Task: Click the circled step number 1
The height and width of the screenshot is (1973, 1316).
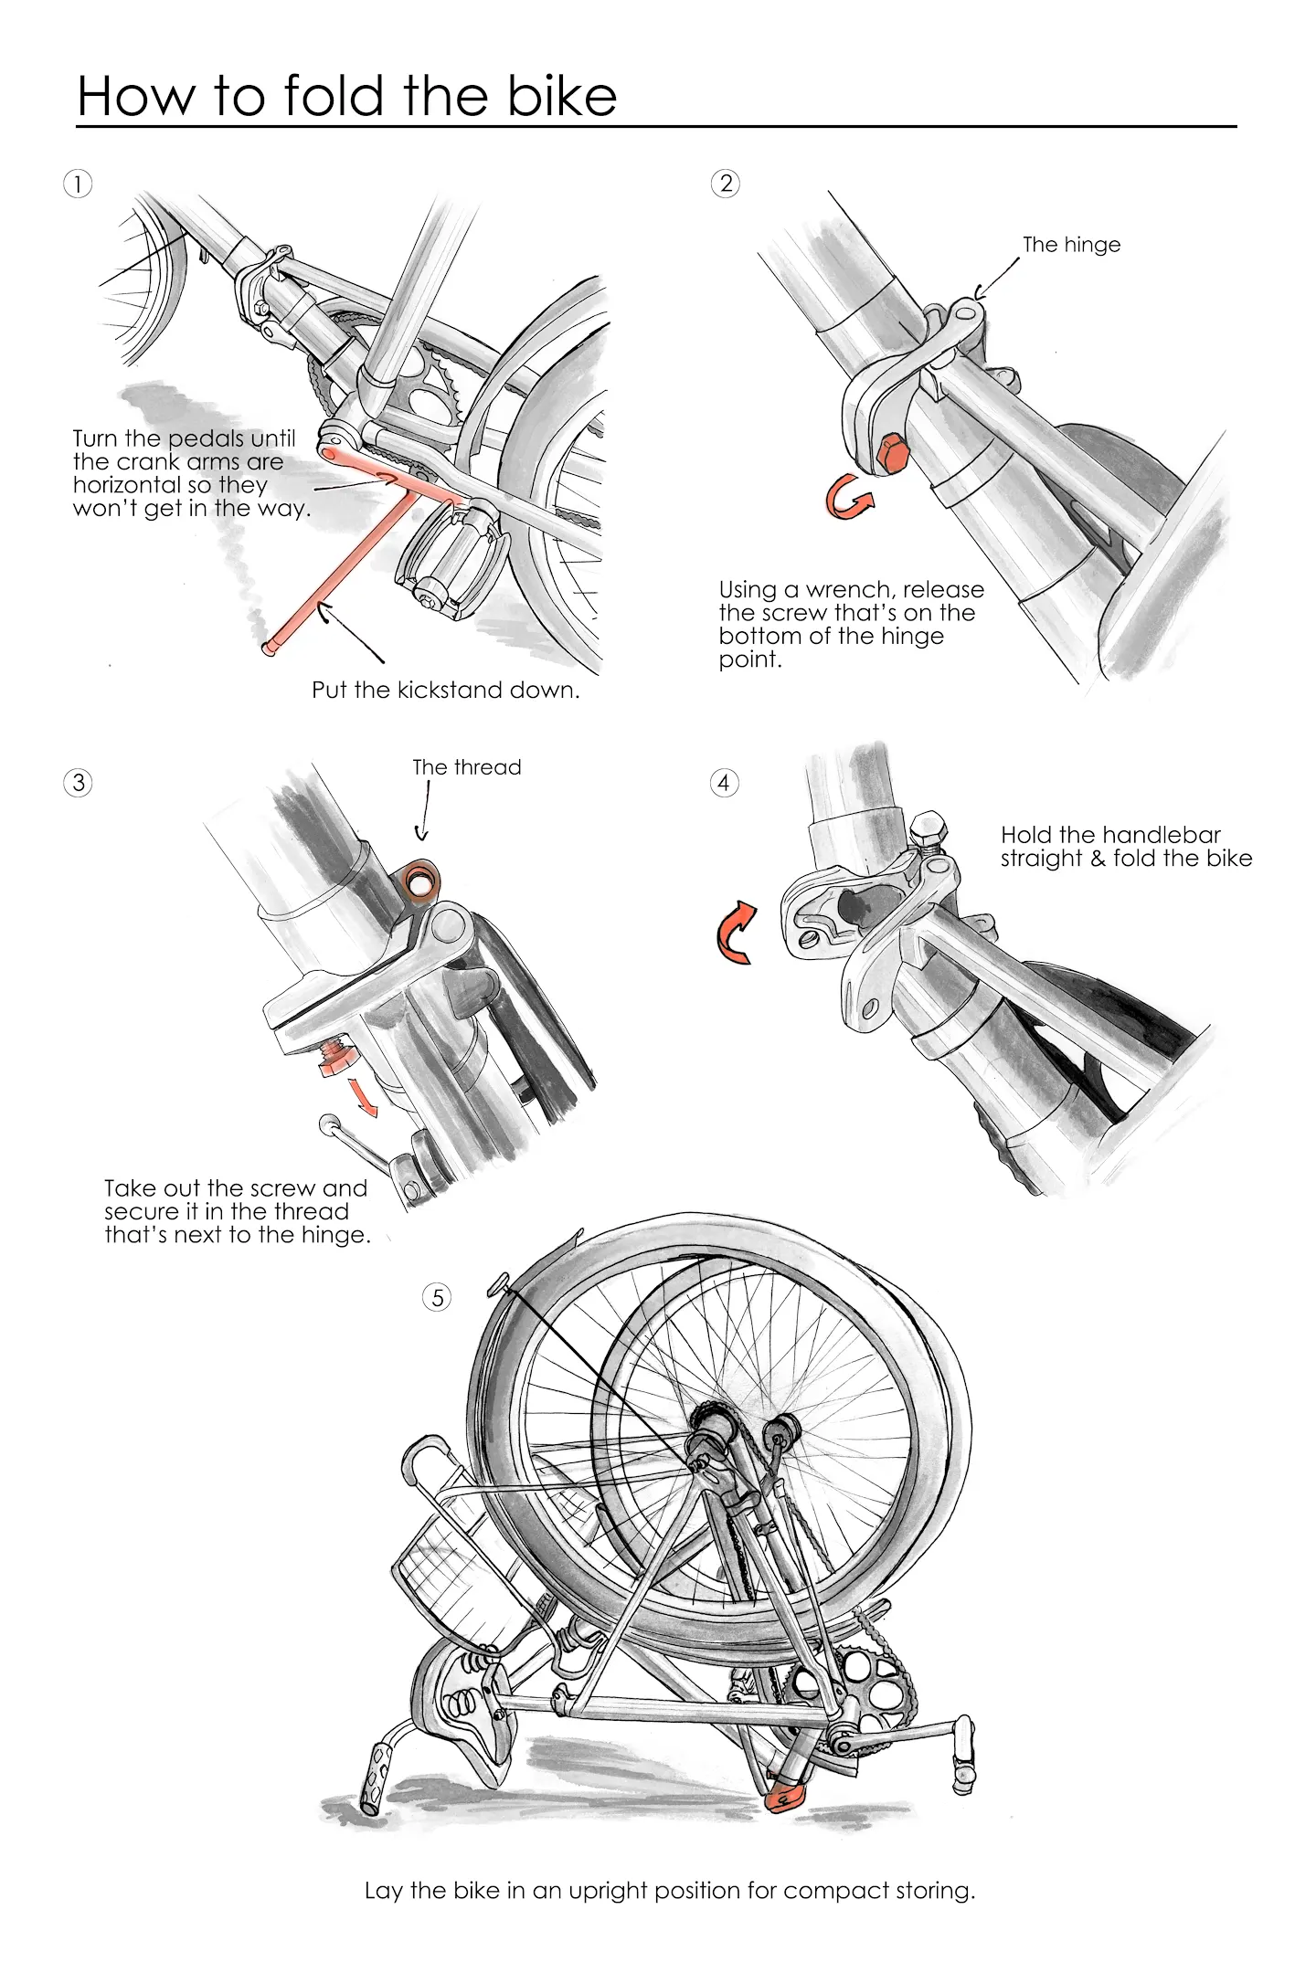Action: [78, 184]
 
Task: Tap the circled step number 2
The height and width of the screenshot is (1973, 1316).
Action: [725, 184]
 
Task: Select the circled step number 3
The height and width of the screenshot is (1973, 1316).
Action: [79, 783]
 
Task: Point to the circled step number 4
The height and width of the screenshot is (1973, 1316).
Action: [724, 783]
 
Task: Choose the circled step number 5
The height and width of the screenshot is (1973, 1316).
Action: [438, 1297]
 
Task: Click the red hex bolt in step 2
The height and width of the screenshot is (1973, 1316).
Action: [891, 453]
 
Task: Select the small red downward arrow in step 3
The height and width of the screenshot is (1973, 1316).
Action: [365, 1095]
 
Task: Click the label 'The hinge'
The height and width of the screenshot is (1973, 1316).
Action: [1071, 245]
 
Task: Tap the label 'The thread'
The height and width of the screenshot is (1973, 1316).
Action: [466, 767]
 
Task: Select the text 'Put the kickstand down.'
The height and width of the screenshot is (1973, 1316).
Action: [445, 690]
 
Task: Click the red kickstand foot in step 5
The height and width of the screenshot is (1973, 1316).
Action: [782, 1798]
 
